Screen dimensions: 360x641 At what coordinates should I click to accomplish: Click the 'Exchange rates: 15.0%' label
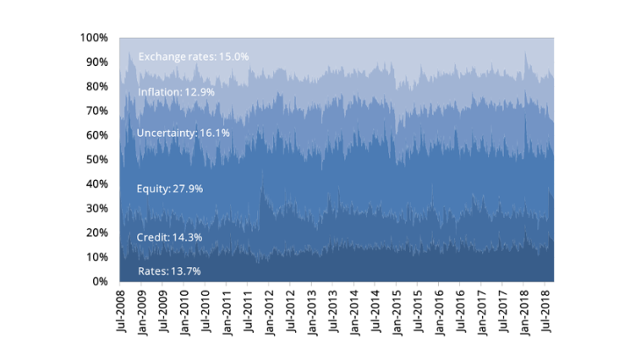point(194,56)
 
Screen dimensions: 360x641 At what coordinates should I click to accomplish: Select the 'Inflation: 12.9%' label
point(176,91)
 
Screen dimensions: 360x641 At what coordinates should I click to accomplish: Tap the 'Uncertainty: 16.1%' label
point(184,133)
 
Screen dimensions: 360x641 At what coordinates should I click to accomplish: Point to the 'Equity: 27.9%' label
point(170,189)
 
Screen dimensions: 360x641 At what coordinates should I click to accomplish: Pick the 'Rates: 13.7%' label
point(169,270)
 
